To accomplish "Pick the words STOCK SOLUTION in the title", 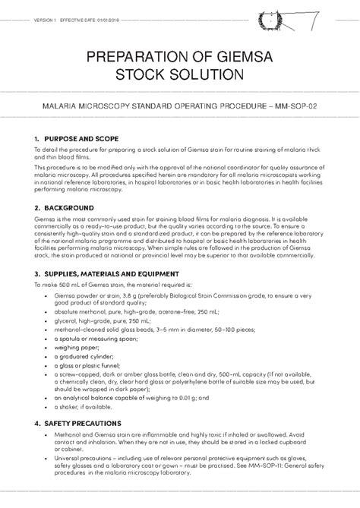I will [179, 74].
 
